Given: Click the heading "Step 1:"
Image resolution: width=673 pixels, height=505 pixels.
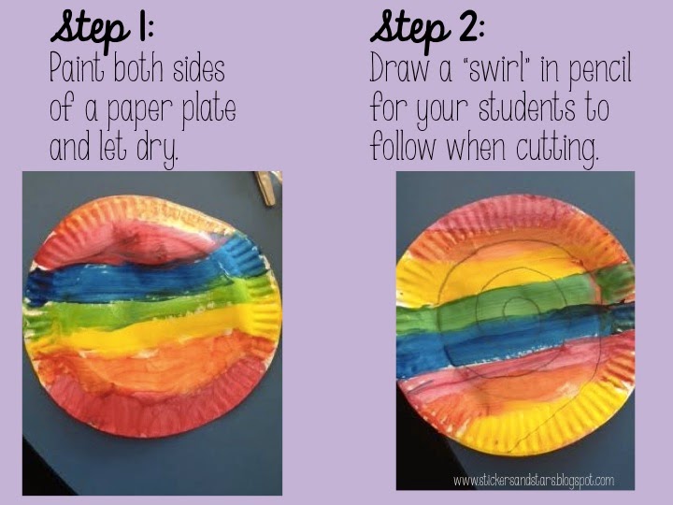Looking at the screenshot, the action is pos(102,29).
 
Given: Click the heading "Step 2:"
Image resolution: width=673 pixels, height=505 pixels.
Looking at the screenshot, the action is pos(427,29).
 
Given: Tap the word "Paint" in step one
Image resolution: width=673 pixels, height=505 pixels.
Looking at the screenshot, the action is pos(77,68).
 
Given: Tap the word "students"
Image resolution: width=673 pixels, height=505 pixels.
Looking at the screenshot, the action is pos(526,108).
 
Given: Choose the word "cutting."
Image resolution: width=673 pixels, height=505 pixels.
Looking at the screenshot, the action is pos(557,148).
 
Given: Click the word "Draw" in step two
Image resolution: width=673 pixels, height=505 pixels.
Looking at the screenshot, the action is pos(399,68).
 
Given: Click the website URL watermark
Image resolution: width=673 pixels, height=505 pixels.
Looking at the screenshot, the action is pos(534,480).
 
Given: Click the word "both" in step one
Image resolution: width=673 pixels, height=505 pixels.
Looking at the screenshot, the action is pos(138,68).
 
